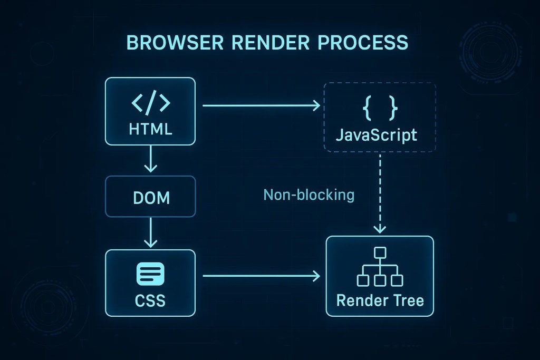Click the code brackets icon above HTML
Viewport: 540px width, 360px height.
pos(151,103)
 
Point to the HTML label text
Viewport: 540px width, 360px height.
pos(151,130)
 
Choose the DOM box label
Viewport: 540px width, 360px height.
pos(151,198)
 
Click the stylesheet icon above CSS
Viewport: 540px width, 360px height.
pos(151,274)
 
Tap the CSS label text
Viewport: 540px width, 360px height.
pos(151,301)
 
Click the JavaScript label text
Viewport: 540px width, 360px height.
pos(377,135)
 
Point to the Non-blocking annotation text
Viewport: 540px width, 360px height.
pos(308,196)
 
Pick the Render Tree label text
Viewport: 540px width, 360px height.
pos(380,301)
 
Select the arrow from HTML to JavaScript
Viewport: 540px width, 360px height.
pos(261,106)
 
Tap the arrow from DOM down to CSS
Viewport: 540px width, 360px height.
pos(151,232)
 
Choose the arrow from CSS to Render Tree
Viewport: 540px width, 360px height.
pos(261,275)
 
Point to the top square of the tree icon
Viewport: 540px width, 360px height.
pos(380,251)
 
